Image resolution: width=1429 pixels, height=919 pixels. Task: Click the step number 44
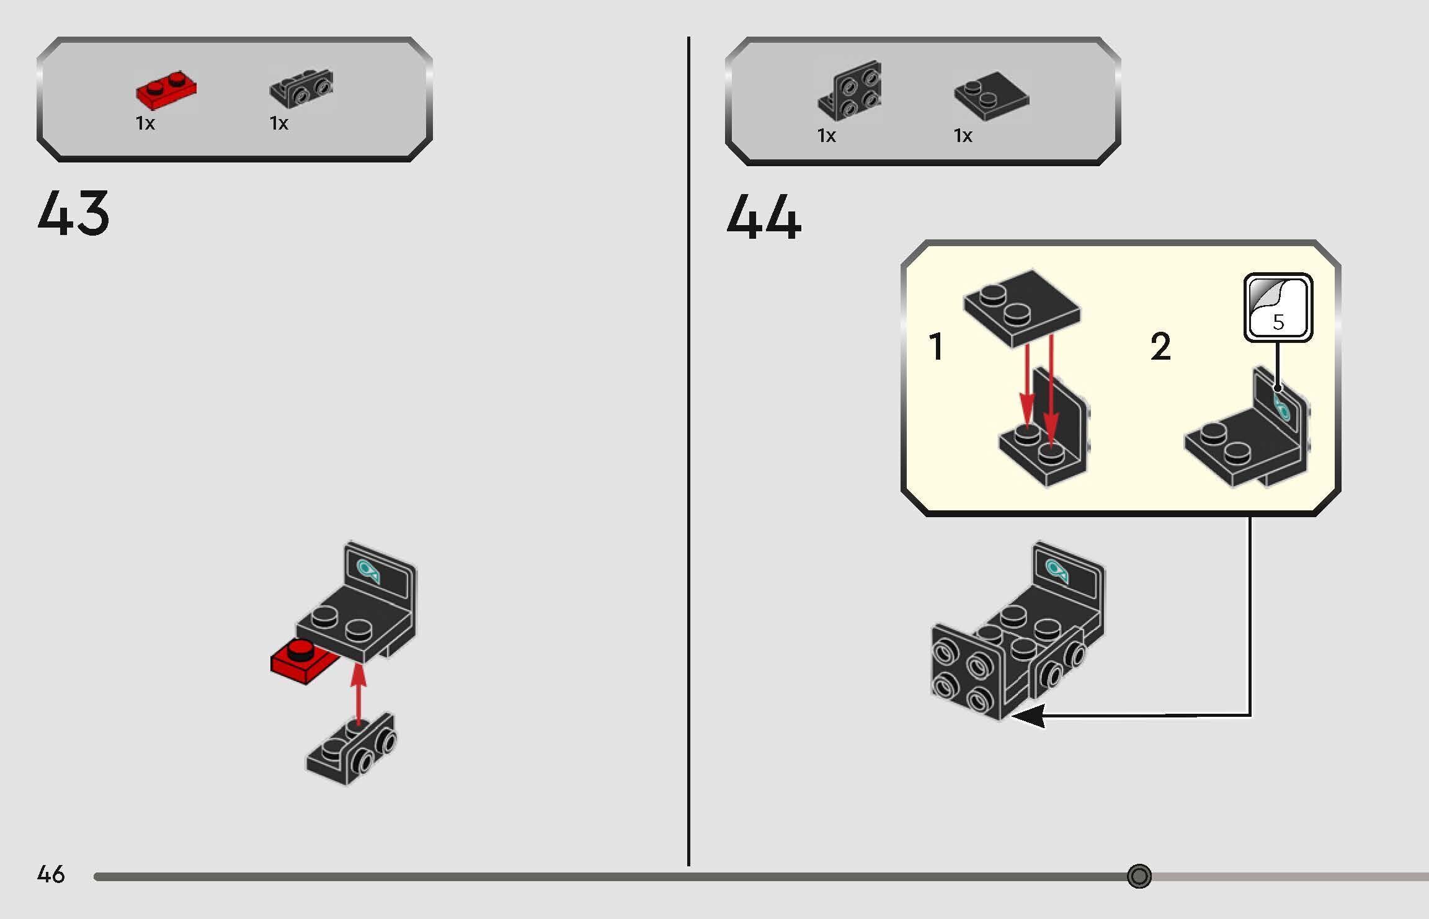point(763,216)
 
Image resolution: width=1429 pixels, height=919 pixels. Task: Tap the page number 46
point(51,874)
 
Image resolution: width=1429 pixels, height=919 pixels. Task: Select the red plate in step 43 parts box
point(166,89)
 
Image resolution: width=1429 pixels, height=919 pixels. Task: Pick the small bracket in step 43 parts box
point(301,87)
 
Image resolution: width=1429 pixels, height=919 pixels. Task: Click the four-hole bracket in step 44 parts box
point(850,91)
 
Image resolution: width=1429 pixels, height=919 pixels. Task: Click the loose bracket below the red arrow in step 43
point(351,749)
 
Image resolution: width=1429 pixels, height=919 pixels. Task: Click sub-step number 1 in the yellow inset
point(937,346)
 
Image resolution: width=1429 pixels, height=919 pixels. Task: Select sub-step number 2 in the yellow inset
point(1160,346)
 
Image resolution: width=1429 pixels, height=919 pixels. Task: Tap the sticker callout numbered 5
point(1278,308)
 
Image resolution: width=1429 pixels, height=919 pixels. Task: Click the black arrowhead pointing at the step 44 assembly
point(1028,716)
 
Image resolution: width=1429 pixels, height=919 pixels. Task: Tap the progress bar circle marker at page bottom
point(1139,876)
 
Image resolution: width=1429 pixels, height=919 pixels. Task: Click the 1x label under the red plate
point(145,123)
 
